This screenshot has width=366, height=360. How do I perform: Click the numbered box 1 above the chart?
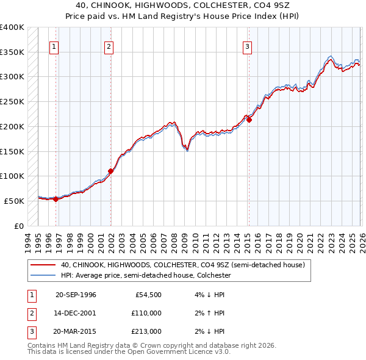click(x=54, y=47)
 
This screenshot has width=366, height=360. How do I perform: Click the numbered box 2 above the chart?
click(x=109, y=47)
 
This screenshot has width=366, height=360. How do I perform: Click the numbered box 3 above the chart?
click(x=247, y=47)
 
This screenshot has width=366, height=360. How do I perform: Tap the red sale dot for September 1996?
click(x=56, y=198)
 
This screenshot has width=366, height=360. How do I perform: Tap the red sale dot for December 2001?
click(x=110, y=171)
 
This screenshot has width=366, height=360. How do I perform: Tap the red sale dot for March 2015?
click(x=249, y=120)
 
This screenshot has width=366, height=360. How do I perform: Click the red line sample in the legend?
click(x=44, y=265)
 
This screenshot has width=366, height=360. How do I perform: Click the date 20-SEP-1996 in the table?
click(x=76, y=295)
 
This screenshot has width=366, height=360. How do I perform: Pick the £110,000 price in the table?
click(x=146, y=313)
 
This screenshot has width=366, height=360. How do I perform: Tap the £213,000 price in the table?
click(x=146, y=331)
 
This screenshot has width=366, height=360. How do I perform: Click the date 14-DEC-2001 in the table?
click(x=76, y=313)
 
